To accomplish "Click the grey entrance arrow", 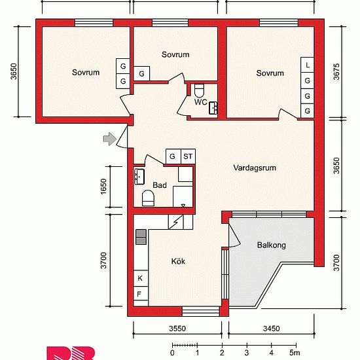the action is (110, 139).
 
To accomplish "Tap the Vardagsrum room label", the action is (255, 168).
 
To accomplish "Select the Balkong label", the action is (272, 245).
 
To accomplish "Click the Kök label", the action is (178, 261).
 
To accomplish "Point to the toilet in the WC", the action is (199, 90).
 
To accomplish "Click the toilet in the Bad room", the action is (148, 198).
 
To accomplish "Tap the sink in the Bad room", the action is (139, 177).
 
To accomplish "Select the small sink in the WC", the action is (213, 108).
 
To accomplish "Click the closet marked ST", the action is (188, 156).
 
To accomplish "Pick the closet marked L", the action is (308, 65).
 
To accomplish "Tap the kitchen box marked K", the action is (141, 278).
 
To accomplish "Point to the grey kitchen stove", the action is (141, 237).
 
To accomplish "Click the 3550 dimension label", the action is (177, 329).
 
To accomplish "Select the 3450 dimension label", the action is (272, 329).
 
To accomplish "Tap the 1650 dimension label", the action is (104, 186).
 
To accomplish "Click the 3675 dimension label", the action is (336, 71).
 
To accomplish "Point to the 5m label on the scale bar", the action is (295, 352).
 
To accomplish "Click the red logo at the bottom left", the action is (71, 353).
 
